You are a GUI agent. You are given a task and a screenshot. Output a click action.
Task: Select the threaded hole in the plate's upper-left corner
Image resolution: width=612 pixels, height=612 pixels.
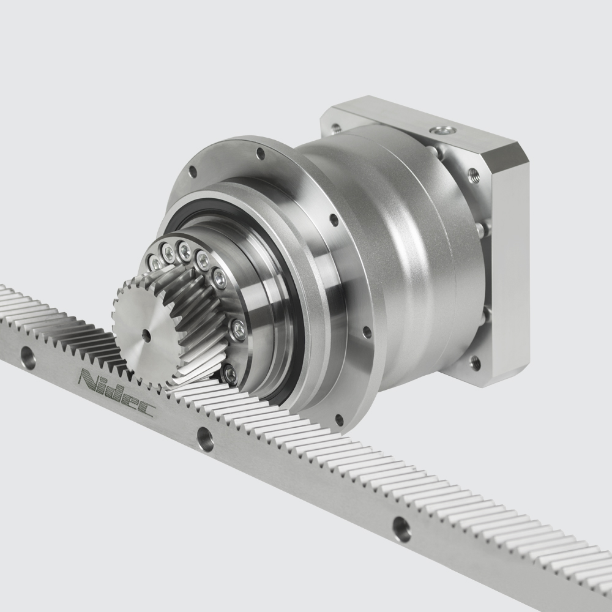click(x=335, y=129)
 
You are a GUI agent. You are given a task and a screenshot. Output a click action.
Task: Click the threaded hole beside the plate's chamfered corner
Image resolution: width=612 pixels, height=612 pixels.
click(x=473, y=174)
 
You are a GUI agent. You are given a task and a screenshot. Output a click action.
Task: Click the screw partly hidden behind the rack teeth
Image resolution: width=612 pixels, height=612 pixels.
click(x=229, y=371)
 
